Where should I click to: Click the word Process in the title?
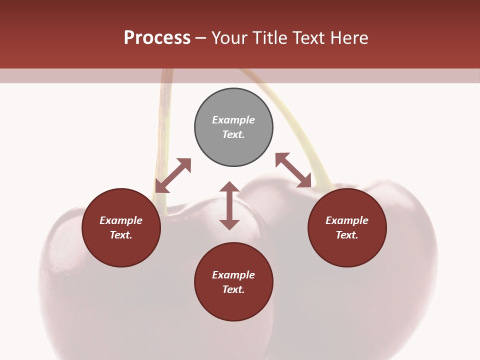coord(157,37)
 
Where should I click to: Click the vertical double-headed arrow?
coord(229,205)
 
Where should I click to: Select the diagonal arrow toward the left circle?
coord(173,175)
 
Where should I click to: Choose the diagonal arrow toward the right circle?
coord(293,170)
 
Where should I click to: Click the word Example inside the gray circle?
coord(233,120)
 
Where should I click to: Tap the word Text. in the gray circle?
coord(233,134)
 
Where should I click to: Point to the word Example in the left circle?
coord(121,220)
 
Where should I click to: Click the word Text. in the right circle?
coord(347,235)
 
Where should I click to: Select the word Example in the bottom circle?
coord(233,275)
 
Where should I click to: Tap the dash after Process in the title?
coord(201,38)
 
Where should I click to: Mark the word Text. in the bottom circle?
coord(233,289)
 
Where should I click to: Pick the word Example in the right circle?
coord(347,220)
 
